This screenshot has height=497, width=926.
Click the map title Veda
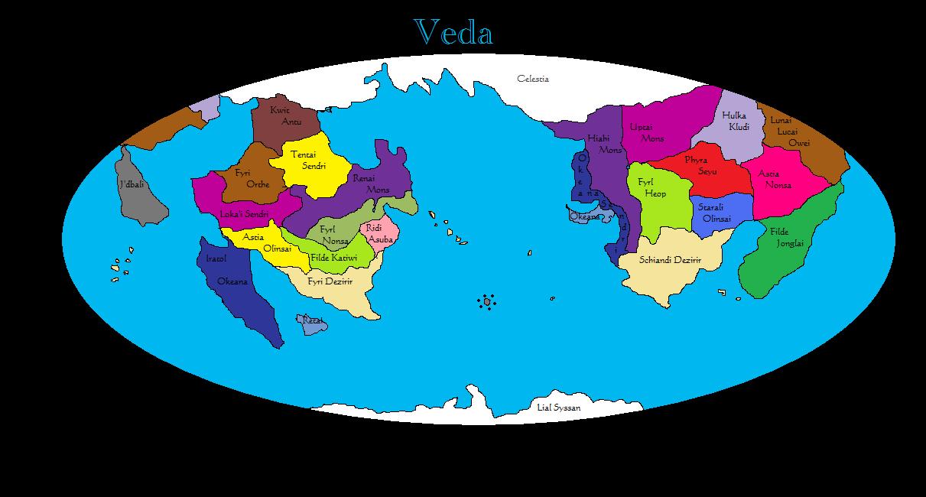click(453, 33)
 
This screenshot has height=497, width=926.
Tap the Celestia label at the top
click(532, 79)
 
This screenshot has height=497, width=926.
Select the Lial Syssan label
click(558, 408)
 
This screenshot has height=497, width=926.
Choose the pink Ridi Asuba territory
click(379, 233)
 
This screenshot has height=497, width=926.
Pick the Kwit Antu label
click(286, 115)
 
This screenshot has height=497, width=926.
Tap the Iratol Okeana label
click(226, 270)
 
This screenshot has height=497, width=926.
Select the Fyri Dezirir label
click(330, 281)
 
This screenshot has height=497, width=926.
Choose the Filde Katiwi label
click(333, 258)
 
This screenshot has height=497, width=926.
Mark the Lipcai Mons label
click(647, 132)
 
